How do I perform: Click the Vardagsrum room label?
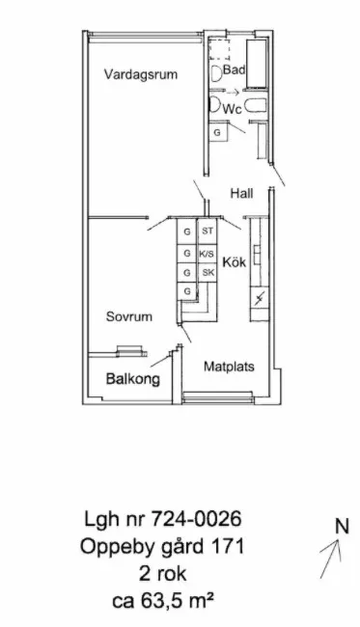[x=141, y=74]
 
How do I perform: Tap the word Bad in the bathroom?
[x=234, y=70]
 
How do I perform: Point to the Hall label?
[x=241, y=194]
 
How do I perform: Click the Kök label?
[x=234, y=261]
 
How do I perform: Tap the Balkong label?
[x=132, y=379]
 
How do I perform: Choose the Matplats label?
[x=228, y=367]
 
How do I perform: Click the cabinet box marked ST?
[x=207, y=232]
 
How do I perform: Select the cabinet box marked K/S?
[x=207, y=254]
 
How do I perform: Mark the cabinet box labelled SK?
[x=207, y=273]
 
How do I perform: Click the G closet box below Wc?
[x=217, y=132]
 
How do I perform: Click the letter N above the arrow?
[x=341, y=527]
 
